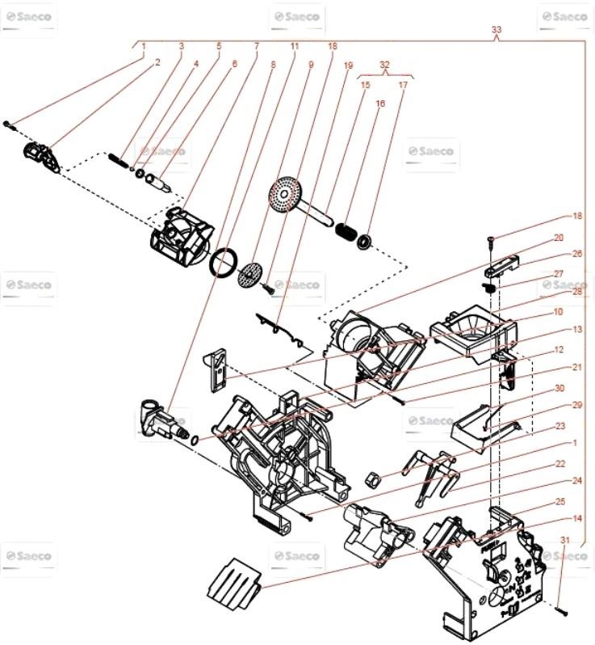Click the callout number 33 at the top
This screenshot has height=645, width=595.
pos(496,30)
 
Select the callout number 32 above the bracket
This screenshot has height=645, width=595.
pos(384,64)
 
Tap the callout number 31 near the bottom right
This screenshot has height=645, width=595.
pos(565,540)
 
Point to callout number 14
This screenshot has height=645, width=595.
pos(555,518)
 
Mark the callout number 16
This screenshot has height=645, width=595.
pos(380,103)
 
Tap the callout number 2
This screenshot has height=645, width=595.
pos(157,61)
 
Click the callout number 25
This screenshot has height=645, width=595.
pos(559,501)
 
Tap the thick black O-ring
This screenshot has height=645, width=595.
pos(224,263)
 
